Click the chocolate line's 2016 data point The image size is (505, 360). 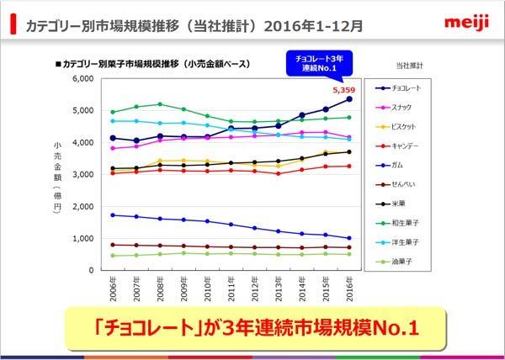[x=349, y=98]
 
